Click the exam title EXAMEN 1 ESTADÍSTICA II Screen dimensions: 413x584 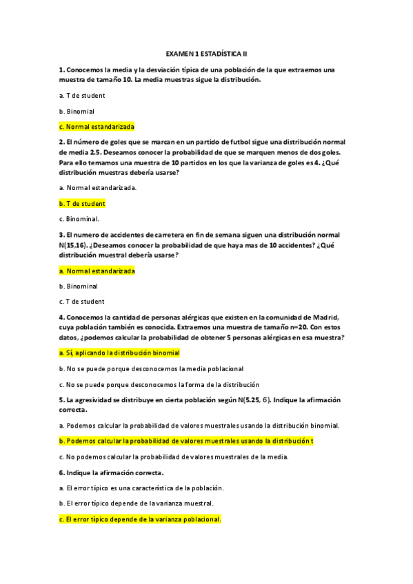206,52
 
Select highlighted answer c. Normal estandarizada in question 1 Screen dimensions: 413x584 97,127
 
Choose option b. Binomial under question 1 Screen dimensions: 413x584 77,111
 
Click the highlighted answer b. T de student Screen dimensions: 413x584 82,204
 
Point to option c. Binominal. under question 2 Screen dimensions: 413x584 79,220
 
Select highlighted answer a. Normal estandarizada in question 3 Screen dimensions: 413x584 97,271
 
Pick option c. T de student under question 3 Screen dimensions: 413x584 82,302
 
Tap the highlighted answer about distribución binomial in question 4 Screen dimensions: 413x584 119,353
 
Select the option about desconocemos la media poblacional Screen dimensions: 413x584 151,368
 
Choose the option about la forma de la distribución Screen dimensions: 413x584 159,384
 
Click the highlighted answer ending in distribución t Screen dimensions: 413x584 186,441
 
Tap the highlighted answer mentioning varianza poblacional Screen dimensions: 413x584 140,519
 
